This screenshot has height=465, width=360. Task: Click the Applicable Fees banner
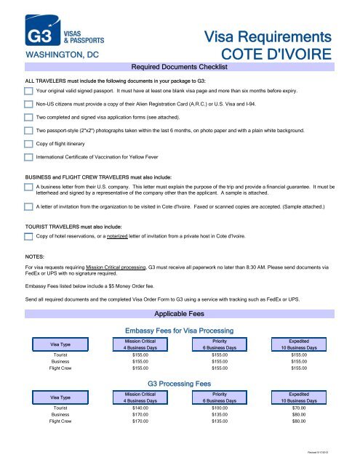(179, 315)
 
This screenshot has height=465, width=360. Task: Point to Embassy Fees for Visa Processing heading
(179, 331)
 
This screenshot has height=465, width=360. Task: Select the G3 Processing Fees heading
(179, 383)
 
